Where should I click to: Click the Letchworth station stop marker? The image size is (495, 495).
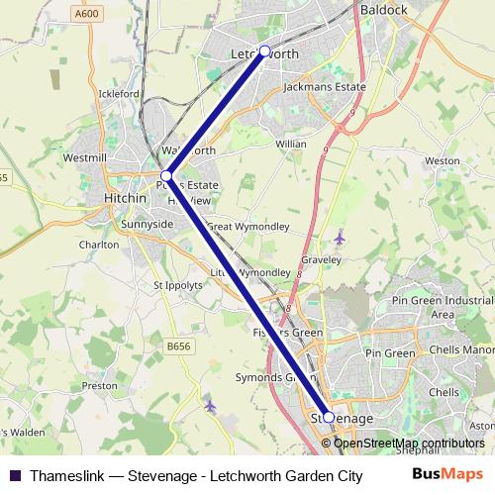click(264, 51)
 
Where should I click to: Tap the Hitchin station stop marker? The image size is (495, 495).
click(166, 175)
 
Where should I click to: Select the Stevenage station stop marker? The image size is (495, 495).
click(329, 418)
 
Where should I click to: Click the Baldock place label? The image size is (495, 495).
click(384, 10)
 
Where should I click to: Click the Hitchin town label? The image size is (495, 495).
click(126, 198)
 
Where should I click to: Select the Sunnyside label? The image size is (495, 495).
click(147, 225)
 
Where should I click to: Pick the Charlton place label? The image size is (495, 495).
click(99, 244)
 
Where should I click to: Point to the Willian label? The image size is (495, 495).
click(291, 144)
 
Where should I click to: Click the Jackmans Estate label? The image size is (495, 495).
click(324, 87)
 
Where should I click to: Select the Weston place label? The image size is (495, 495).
click(442, 160)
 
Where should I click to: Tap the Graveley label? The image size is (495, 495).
click(321, 259)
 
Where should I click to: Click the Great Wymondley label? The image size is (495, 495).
click(247, 226)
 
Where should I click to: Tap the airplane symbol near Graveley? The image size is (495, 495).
click(340, 238)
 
